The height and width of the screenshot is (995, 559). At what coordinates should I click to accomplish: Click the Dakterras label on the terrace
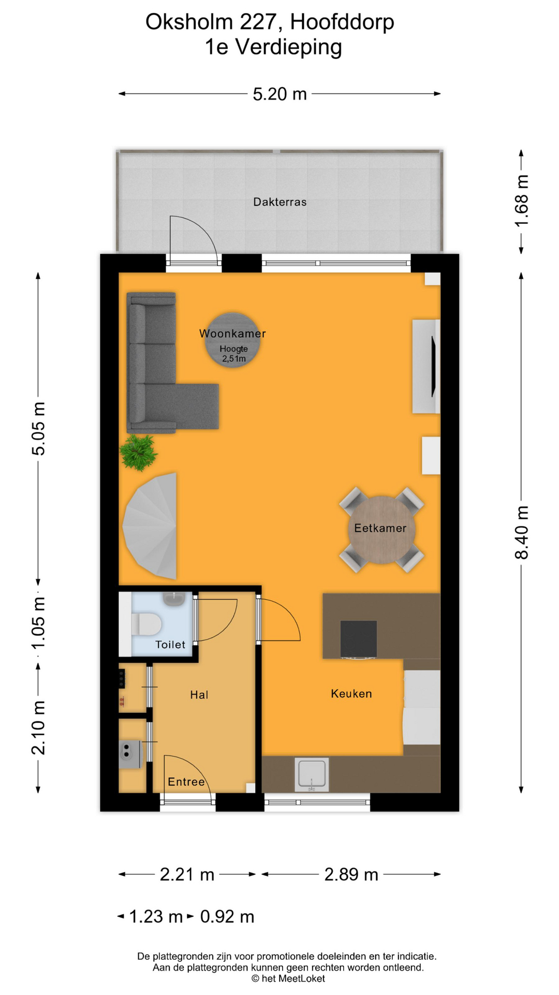pyautogui.click(x=279, y=202)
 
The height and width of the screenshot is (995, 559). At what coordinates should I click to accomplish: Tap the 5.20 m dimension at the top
pyautogui.click(x=279, y=94)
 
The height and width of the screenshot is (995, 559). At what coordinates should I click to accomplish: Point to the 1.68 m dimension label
pyautogui.click(x=521, y=201)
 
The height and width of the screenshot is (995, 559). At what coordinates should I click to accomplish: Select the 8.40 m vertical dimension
pyautogui.click(x=521, y=533)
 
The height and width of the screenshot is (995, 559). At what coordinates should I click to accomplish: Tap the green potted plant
pyautogui.click(x=138, y=452)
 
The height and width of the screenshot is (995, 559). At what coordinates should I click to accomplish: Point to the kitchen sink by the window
pyautogui.click(x=312, y=774)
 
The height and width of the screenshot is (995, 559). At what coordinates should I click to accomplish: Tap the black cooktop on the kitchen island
pyautogui.click(x=358, y=639)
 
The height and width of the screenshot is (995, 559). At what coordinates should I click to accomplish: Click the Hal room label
pyautogui.click(x=199, y=695)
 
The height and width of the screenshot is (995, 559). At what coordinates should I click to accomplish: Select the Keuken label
pyautogui.click(x=351, y=694)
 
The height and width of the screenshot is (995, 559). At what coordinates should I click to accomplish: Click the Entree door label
pyautogui.click(x=186, y=782)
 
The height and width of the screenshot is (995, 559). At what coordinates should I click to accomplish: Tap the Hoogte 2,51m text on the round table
pyautogui.click(x=233, y=353)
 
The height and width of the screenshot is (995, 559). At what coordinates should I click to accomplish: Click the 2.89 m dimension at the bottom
pyautogui.click(x=351, y=875)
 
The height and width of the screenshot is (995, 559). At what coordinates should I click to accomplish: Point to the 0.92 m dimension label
pyautogui.click(x=227, y=917)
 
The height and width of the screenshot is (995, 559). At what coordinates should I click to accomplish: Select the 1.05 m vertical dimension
pyautogui.click(x=39, y=622)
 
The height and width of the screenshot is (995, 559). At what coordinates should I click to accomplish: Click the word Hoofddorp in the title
pyautogui.click(x=342, y=22)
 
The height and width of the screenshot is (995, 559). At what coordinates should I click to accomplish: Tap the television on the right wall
pyautogui.click(x=432, y=366)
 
